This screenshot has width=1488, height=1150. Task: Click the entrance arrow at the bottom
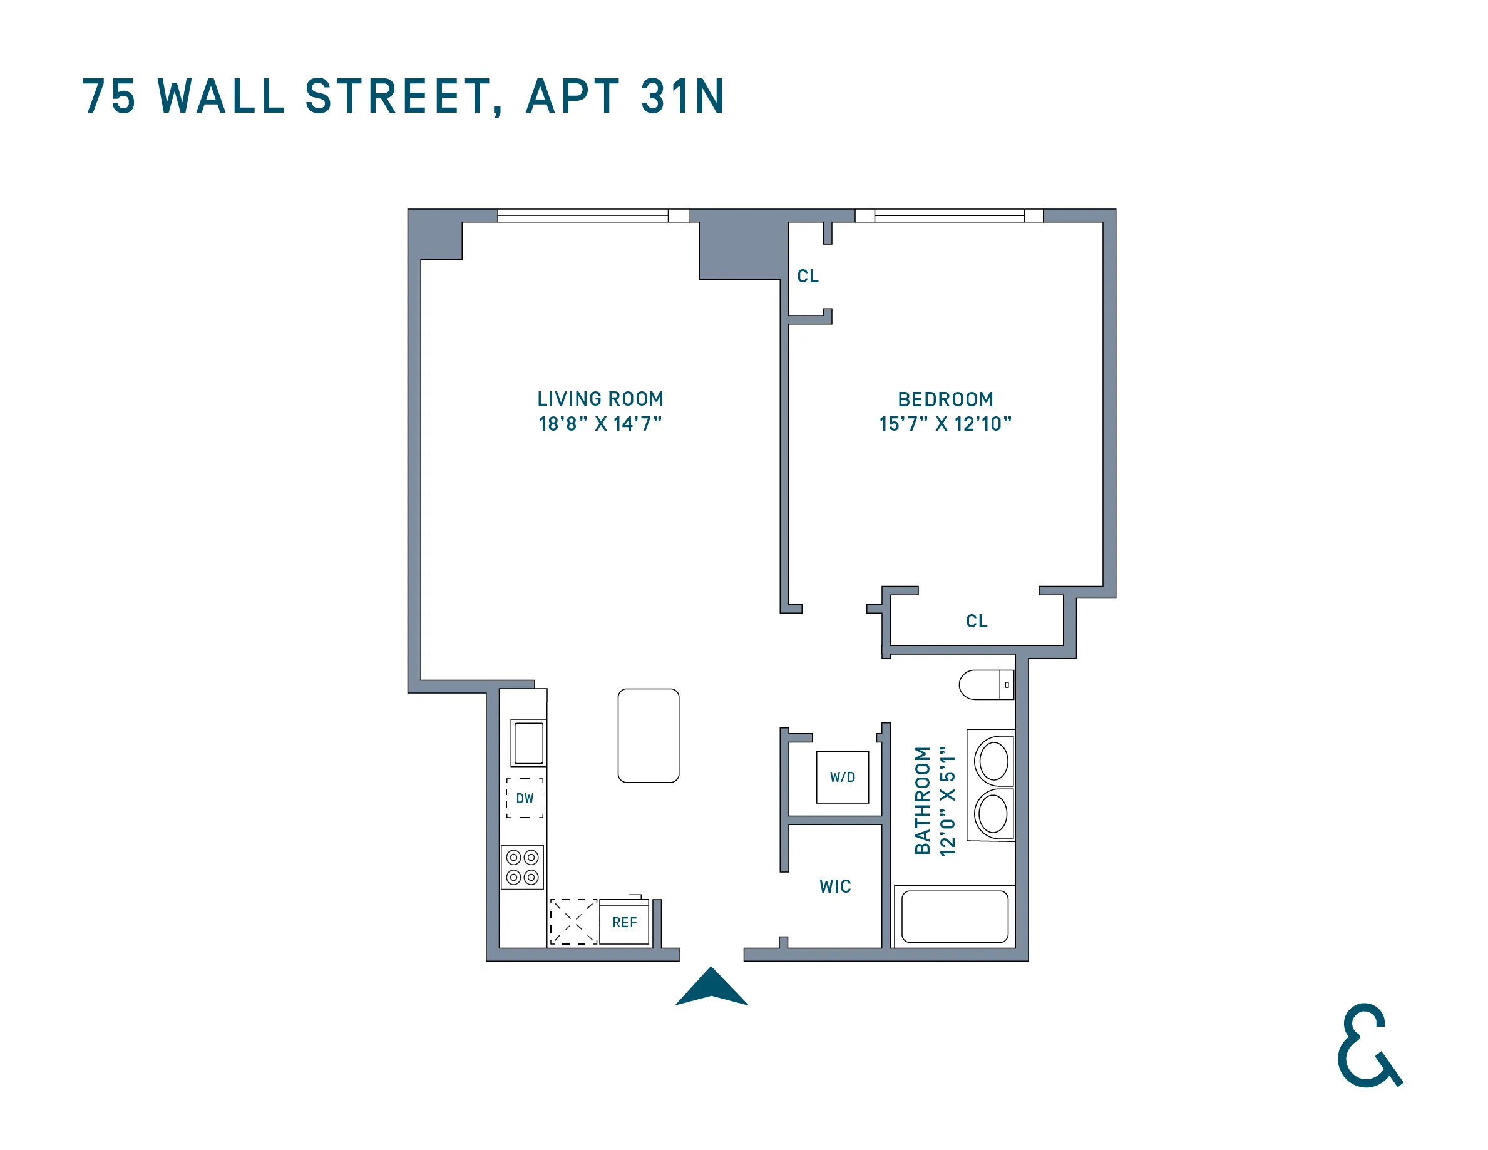point(711,988)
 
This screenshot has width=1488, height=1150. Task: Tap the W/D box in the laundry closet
point(842,778)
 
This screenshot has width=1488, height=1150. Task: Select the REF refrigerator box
point(624,923)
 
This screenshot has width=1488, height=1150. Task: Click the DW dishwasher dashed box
point(525,798)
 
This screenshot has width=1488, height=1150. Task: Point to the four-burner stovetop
point(523,867)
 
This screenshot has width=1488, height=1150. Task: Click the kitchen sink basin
point(529,743)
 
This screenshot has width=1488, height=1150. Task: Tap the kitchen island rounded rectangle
point(648,736)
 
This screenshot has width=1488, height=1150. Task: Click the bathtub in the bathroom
point(955,917)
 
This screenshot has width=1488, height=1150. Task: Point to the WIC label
point(835,886)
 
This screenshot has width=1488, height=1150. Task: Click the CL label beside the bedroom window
point(808,277)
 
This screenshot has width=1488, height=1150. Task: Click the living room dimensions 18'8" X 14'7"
point(600,424)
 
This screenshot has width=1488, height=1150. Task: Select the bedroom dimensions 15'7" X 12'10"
point(945,424)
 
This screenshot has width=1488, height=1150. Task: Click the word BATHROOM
point(923,801)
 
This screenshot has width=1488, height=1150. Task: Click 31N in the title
point(683,97)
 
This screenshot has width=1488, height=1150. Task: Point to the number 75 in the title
point(109,97)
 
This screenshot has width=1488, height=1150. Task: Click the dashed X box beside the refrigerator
point(573,922)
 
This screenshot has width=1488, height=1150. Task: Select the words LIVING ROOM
point(600,399)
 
